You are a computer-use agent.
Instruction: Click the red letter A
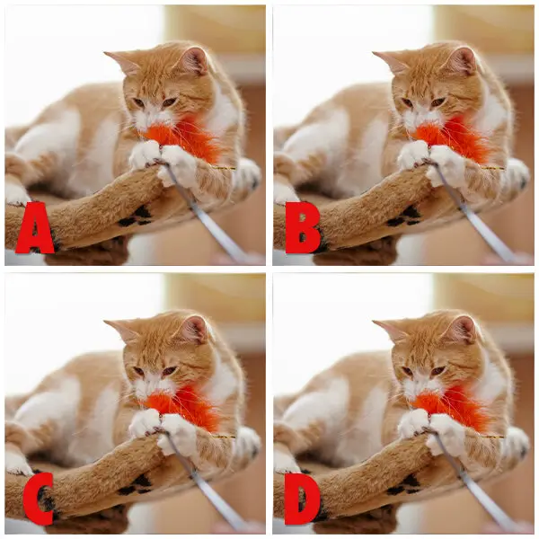click(35, 228)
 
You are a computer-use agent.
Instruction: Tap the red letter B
click(303, 228)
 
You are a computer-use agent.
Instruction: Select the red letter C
click(39, 499)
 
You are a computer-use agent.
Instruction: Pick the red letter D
click(303, 499)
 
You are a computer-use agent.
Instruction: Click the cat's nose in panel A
click(150, 113)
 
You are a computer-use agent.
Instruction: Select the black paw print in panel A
click(136, 216)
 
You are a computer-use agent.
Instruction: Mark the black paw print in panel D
click(403, 486)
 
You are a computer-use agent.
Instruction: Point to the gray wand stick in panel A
click(203, 213)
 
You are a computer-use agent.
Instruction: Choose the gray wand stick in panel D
click(471, 482)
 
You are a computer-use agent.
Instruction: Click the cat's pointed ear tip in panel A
click(104, 53)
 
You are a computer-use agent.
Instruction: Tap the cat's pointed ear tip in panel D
click(374, 322)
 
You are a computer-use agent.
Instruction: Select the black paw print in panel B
click(403, 216)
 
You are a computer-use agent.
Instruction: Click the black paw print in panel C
click(136, 486)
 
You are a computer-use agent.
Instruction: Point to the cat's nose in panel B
click(419, 113)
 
